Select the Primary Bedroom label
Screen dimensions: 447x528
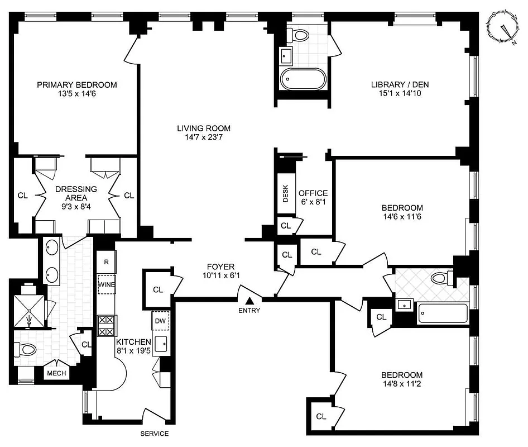tap(77, 85)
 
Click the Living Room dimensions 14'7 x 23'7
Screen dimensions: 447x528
tap(204, 138)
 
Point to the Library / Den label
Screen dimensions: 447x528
tap(400, 85)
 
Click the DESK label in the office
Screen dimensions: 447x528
tap(286, 193)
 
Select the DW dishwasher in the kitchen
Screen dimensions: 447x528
tap(160, 321)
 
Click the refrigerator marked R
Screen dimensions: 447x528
tap(106, 261)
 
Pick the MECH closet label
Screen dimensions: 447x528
tap(56, 373)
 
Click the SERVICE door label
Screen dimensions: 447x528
tap(154, 434)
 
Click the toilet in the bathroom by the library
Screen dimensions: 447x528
tap(300, 35)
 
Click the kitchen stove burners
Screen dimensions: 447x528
tap(107, 325)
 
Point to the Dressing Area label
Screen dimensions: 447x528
tap(76, 189)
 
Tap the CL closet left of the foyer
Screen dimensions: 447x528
tap(158, 289)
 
